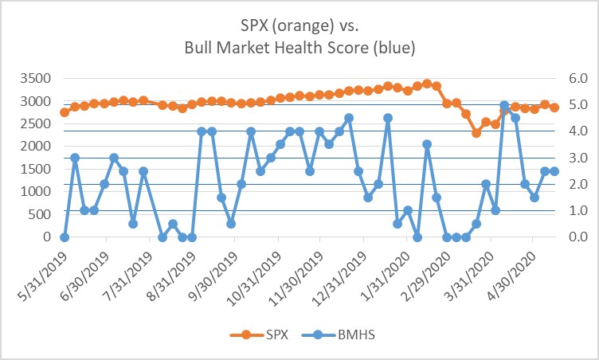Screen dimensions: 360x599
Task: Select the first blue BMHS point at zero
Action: (x=65, y=237)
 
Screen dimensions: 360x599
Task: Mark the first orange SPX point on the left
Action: (x=65, y=112)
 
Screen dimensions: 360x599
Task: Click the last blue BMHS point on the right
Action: (x=554, y=171)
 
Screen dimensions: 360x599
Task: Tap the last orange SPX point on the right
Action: (x=554, y=108)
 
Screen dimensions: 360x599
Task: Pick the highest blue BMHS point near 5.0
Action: (x=504, y=105)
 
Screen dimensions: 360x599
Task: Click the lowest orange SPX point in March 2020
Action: (x=476, y=133)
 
